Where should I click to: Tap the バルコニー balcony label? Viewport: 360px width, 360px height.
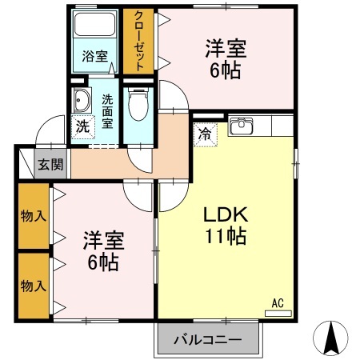(x=208, y=340)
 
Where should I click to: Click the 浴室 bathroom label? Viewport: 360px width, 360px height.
(x=94, y=56)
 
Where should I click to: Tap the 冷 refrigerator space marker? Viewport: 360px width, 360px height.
(x=206, y=134)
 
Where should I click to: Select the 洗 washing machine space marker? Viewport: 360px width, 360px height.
(x=82, y=125)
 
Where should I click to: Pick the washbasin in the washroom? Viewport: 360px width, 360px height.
(x=82, y=100)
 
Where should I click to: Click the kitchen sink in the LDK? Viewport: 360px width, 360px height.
(x=241, y=126)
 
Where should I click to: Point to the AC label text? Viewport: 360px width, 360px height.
(x=278, y=302)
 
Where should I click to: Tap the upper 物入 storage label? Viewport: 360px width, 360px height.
(x=32, y=216)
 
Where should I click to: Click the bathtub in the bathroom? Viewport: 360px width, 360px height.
(x=94, y=26)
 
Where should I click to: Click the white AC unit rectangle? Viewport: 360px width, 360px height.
(x=278, y=313)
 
